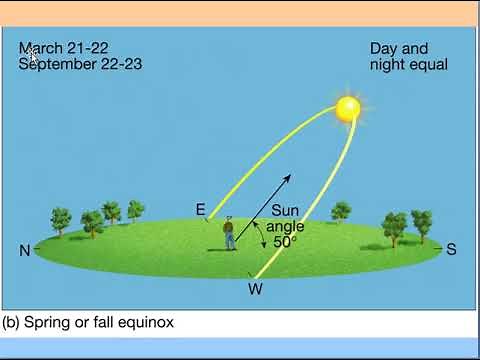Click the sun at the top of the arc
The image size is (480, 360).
[x=347, y=109]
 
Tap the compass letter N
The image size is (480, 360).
[x=25, y=251]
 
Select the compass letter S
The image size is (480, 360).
[x=451, y=249]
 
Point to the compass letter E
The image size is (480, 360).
[x=201, y=210]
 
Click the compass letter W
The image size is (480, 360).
[x=255, y=290]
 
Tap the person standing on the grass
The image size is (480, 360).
[x=229, y=234]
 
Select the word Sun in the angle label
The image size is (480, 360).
[x=285, y=211]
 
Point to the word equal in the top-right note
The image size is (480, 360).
[x=427, y=65]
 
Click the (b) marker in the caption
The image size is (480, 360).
[x=11, y=322]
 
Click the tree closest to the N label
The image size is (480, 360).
[x=60, y=220]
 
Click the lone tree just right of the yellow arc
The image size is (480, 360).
[x=341, y=212]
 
